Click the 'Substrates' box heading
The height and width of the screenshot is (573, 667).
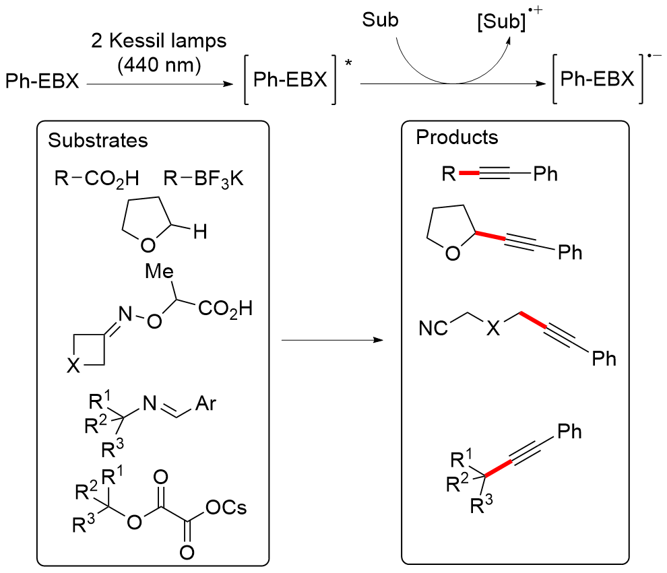[98, 141]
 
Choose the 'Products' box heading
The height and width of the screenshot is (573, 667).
[457, 137]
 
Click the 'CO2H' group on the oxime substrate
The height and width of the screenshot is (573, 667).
[225, 310]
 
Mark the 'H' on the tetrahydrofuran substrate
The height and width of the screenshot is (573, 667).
[200, 234]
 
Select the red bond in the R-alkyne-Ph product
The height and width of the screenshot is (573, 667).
[470, 174]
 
